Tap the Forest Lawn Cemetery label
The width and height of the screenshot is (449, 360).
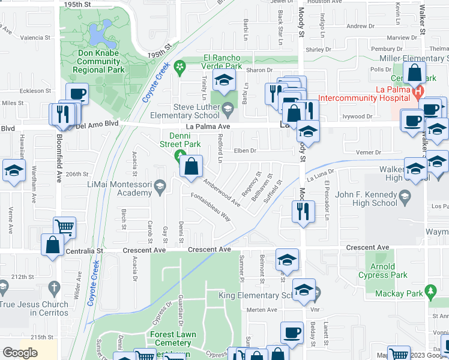coord(174,339)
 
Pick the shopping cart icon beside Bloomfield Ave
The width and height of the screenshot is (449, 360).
coord(64,227)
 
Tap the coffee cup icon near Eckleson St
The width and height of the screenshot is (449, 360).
coord(76,94)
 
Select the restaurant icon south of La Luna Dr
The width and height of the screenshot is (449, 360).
coord(302,211)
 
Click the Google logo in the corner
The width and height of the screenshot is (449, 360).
coord(20,353)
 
